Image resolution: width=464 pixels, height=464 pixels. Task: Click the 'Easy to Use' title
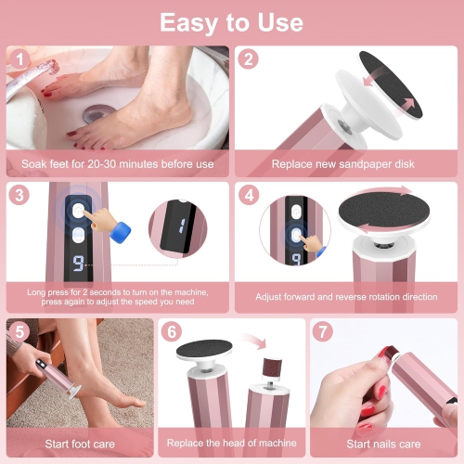tap(231, 21)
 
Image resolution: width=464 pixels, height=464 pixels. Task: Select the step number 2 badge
tap(249, 58)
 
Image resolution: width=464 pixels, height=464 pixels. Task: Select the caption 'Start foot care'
tap(80, 444)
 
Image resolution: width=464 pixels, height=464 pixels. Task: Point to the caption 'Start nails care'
tap(383, 444)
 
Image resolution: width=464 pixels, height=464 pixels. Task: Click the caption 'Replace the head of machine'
tap(231, 444)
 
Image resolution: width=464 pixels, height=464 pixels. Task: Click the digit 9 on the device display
tap(80, 264)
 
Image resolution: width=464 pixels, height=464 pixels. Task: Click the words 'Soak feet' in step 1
tap(40, 164)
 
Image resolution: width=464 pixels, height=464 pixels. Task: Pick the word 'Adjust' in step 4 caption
tap(274, 296)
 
